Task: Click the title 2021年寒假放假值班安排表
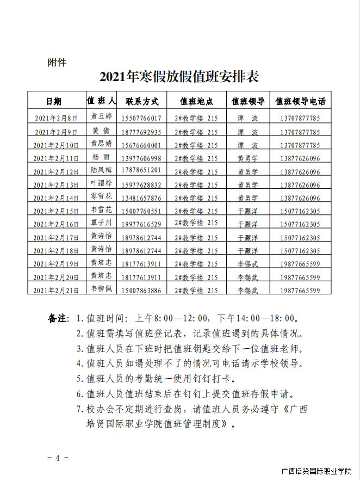coord(179,77)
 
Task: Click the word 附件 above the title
coord(57,62)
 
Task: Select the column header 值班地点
coord(196,101)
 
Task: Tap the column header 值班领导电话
coord(300,101)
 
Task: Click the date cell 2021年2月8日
coord(57,118)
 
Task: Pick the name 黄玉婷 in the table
coord(102,116)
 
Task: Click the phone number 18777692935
coord(142,132)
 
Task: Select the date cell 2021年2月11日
coord(57,158)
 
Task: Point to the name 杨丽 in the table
coord(102,157)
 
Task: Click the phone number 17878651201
coord(142,171)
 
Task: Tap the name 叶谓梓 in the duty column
coord(102,184)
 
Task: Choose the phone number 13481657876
coord(142,198)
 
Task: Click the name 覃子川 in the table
coord(102,223)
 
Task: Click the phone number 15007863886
coord(142,291)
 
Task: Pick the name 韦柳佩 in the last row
coord(102,289)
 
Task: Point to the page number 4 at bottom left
coord(57,457)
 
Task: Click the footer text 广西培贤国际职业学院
coord(316,471)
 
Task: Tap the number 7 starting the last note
coord(79,409)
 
